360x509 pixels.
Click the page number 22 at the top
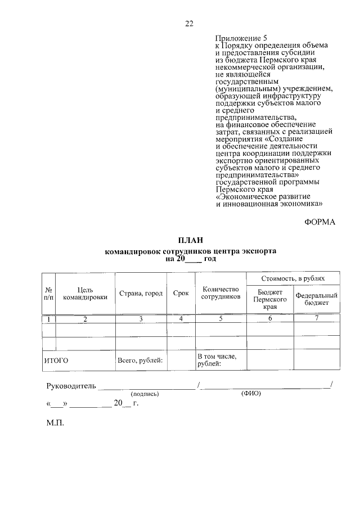coord(189,23)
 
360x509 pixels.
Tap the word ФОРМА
coord(319,222)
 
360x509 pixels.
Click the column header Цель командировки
coord(85,293)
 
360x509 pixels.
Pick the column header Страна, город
coord(141,293)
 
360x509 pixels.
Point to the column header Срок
coord(181,293)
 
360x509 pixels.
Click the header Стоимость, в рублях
coord(292,279)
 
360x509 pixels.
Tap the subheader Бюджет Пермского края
coord(270,299)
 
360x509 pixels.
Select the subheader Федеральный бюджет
coord(317,299)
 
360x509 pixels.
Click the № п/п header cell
coord(48,293)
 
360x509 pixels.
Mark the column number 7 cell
coord(317,319)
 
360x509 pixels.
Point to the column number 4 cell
coord(181,319)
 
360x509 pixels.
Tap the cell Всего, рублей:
coord(139,361)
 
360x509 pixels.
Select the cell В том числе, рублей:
coord(217,361)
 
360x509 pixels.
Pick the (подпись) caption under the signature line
coord(145,394)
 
